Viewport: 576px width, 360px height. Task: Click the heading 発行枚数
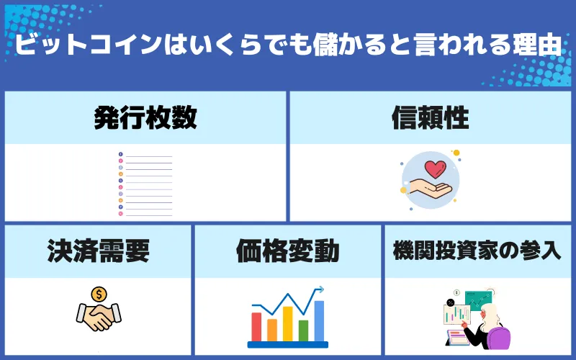coord(145,117)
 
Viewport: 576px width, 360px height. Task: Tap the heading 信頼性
coord(430,117)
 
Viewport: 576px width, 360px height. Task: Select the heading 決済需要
coord(98,251)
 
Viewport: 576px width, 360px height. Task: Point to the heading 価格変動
coord(287,251)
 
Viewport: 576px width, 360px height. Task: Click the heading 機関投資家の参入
coord(477,251)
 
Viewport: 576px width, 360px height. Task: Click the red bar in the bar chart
coord(256,326)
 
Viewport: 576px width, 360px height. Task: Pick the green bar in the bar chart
coord(303,330)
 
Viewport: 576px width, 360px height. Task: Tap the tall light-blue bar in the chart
coord(319,320)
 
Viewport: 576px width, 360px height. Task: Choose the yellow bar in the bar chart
coord(287,323)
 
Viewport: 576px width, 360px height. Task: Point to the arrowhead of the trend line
coord(320,289)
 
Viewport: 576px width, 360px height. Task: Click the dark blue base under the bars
coord(287,344)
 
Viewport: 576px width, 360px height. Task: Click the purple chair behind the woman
coord(499,336)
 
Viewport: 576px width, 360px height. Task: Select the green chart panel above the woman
coord(478,298)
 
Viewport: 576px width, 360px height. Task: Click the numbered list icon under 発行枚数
coord(145,184)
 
